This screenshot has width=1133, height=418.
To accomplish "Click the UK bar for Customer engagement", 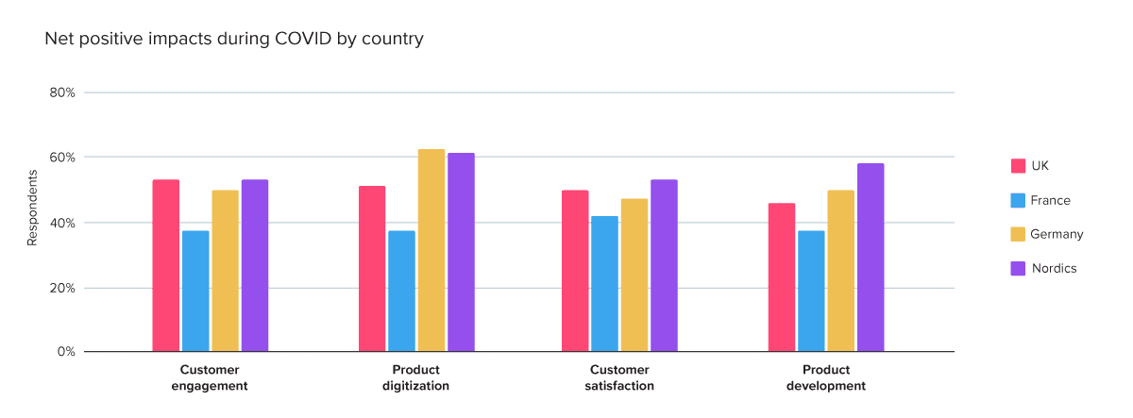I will [x=166, y=265].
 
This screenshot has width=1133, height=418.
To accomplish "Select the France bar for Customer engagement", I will [x=195, y=291].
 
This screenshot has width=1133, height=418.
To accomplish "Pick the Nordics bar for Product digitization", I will [x=461, y=252].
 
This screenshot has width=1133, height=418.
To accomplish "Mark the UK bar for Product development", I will [x=782, y=277].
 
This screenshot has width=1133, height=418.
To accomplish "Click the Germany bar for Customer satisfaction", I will [x=634, y=275].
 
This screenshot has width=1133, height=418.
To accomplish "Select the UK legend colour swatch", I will [x=1019, y=166].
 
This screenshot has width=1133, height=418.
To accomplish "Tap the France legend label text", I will [x=1050, y=200].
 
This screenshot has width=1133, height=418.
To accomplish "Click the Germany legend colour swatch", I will [x=1019, y=234].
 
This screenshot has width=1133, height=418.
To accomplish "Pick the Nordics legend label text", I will [x=1054, y=268].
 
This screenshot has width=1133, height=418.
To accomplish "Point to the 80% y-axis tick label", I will [x=62, y=92].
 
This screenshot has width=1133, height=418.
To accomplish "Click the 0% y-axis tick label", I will [x=66, y=352].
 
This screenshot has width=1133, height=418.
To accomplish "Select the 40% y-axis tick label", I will [x=62, y=223].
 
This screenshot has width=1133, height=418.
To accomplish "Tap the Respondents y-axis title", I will [x=32, y=209].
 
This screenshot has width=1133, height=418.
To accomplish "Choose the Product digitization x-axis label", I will [x=415, y=377].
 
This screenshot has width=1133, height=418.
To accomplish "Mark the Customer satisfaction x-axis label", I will [x=620, y=377].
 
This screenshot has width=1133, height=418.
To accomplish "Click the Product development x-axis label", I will [x=825, y=377].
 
